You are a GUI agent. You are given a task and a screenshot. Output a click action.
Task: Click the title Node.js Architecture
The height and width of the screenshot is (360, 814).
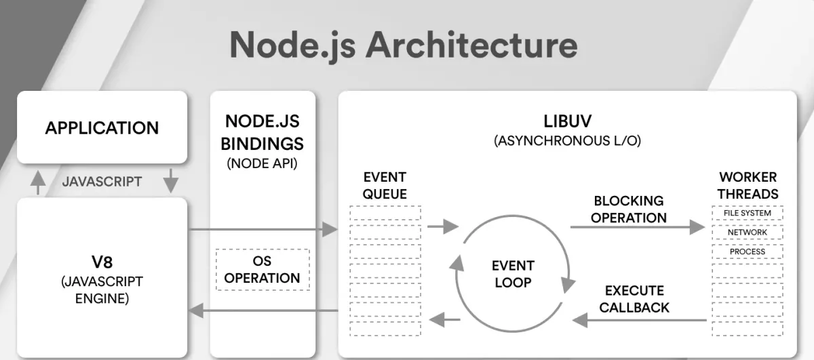pyautogui.click(x=403, y=45)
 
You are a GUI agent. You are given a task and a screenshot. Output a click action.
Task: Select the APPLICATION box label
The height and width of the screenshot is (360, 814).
pyautogui.click(x=102, y=127)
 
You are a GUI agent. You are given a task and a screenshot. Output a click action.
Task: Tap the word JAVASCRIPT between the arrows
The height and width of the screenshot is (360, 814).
pyautogui.click(x=102, y=181)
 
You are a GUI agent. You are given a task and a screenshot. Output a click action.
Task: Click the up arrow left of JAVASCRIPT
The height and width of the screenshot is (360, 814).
pyautogui.click(x=39, y=181)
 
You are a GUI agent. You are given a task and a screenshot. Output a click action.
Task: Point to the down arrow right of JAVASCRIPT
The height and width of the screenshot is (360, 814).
pyautogui.click(x=170, y=181)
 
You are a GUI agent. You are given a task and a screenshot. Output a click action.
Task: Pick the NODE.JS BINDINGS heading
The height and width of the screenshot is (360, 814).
pyautogui.click(x=263, y=133)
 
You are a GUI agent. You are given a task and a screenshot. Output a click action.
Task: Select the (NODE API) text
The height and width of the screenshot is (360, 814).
pyautogui.click(x=263, y=163)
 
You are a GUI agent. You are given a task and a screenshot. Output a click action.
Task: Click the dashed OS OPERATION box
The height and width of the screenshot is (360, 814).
pyautogui.click(x=263, y=269)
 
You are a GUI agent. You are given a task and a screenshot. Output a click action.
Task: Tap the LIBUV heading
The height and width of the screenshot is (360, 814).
pyautogui.click(x=567, y=122)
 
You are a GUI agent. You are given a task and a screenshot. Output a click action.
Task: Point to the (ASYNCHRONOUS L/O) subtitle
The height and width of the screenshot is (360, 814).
pyautogui.click(x=567, y=142)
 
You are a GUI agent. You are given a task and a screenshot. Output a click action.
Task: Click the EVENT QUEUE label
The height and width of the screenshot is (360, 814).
pyautogui.click(x=385, y=185)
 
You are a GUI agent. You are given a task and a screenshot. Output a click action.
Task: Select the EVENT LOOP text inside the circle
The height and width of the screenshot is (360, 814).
pyautogui.click(x=513, y=273)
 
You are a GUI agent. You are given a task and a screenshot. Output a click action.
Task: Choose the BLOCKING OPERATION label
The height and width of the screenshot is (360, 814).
pyautogui.click(x=629, y=209)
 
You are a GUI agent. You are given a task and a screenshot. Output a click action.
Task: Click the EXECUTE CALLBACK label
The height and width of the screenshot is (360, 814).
pyautogui.click(x=634, y=299)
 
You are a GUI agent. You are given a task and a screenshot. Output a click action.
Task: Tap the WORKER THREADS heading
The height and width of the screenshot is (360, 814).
pyautogui.click(x=748, y=185)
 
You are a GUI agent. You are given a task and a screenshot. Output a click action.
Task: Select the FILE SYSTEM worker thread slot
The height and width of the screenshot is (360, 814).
pyautogui.click(x=748, y=214)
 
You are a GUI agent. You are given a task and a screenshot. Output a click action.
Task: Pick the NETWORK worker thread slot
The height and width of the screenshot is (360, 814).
pyautogui.click(x=748, y=233)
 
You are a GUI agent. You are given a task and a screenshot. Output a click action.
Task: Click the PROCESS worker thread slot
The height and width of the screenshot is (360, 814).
pyautogui.click(x=748, y=252)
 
